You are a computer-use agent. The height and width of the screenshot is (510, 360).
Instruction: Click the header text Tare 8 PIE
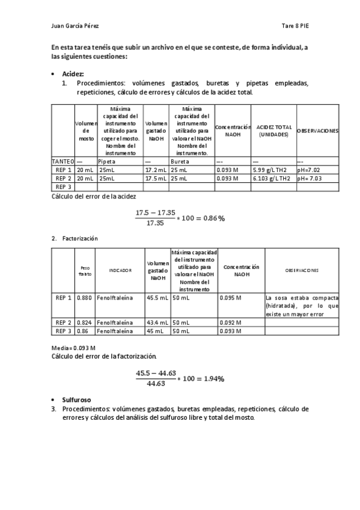pos(294,26)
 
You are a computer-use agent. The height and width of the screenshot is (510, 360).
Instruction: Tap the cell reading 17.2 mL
pos(156,170)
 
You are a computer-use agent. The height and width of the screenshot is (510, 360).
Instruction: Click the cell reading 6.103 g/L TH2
pos(273,179)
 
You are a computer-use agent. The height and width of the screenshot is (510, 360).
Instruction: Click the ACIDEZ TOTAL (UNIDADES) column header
pos(273,131)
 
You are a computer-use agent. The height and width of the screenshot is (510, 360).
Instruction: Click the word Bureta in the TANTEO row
pos(180,162)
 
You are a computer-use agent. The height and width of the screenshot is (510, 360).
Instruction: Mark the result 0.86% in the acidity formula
pos(213,218)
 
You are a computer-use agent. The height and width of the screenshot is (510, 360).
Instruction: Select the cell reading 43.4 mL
pos(157,322)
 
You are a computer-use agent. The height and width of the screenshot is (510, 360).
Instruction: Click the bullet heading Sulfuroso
pos(76,399)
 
